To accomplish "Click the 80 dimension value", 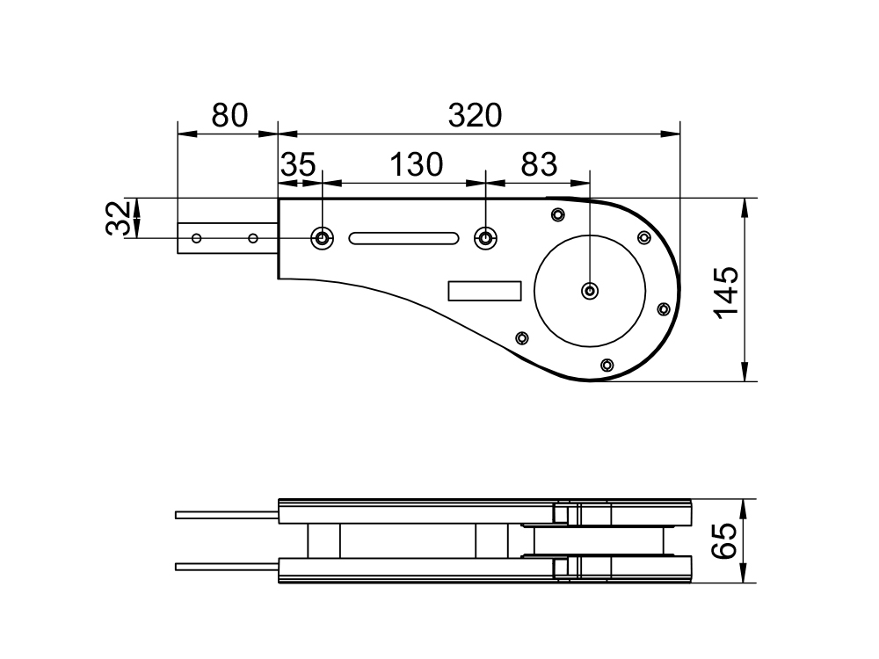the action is click(x=229, y=115).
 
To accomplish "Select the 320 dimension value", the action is click(x=475, y=115).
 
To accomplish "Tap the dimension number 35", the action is click(x=298, y=165).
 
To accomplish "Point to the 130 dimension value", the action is click(x=416, y=165).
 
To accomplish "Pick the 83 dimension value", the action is click(x=540, y=165).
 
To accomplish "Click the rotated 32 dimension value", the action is click(x=119, y=218).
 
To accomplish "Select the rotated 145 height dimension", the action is click(x=727, y=293).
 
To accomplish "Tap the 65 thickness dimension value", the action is click(x=724, y=540).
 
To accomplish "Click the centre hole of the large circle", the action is click(x=590, y=291).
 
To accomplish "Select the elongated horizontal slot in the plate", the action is click(x=403, y=238).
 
